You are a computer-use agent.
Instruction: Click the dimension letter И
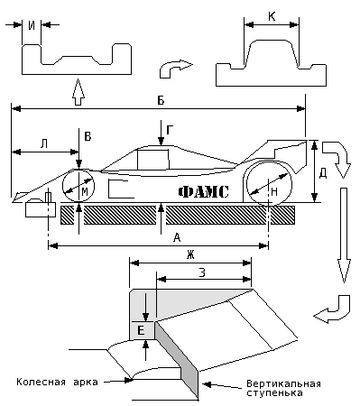[32, 25]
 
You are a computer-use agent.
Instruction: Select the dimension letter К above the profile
[272, 17]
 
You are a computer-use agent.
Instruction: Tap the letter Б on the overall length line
[161, 100]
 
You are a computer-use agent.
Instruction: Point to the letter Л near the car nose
[44, 144]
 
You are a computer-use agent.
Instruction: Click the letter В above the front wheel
[88, 137]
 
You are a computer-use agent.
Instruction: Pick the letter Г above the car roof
[170, 130]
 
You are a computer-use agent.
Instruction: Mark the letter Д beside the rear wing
[323, 174]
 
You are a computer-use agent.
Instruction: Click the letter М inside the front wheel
[85, 191]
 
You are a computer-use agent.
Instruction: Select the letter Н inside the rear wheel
[274, 192]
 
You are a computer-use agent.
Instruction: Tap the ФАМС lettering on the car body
[204, 192]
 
